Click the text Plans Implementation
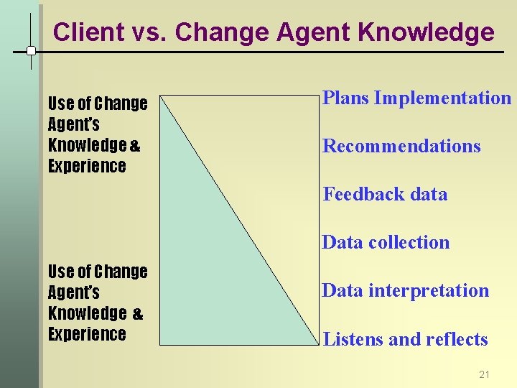point(416,98)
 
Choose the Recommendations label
point(401,146)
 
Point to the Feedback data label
point(385,194)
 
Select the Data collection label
point(386,242)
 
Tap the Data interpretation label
point(405,290)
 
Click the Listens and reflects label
point(406,339)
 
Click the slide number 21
point(484,374)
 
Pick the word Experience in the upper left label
point(87,166)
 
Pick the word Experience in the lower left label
point(87,334)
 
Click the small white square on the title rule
point(32,51)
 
